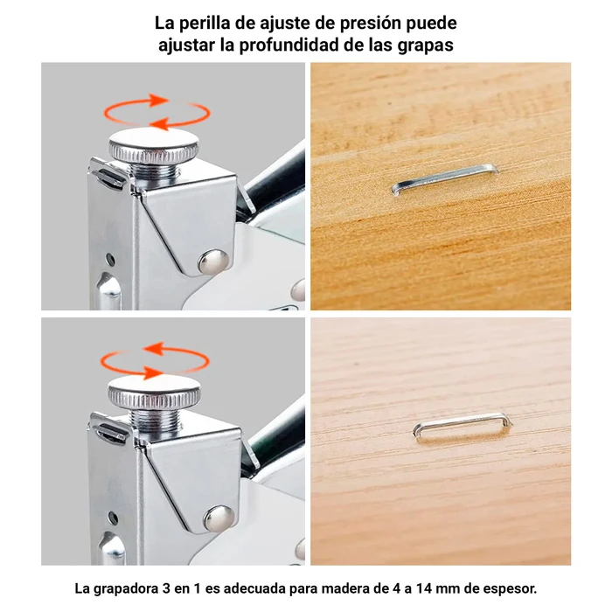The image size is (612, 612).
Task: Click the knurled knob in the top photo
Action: tap(153, 146)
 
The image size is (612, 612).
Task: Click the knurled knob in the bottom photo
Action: tap(154, 393)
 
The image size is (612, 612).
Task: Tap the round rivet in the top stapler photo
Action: tap(213, 261)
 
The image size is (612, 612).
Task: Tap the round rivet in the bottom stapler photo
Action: tap(219, 518)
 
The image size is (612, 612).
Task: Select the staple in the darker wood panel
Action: tap(445, 179)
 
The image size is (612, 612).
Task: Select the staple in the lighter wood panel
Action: tap(462, 427)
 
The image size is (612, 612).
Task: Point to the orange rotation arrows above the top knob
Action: tap(156, 112)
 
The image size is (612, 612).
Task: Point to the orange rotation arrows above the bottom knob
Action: tap(155, 361)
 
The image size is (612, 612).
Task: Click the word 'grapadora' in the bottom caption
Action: tap(125, 589)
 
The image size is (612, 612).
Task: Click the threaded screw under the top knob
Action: tap(156, 170)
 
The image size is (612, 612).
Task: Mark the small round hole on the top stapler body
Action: tap(111, 260)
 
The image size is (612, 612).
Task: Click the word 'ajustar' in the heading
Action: tap(186, 46)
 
